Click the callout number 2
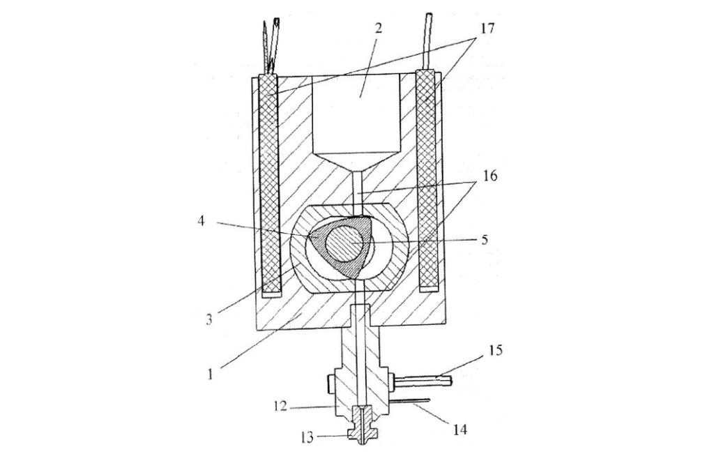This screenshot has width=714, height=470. pyautogui.click(x=379, y=28)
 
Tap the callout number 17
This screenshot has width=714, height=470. pyautogui.click(x=486, y=28)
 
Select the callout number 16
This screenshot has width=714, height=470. pyautogui.click(x=490, y=176)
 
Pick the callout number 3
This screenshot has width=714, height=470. pyautogui.click(x=209, y=319)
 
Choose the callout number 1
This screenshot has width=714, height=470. pyautogui.click(x=210, y=374)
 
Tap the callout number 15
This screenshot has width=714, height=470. pyautogui.click(x=496, y=350)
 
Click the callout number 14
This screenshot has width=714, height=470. pyautogui.click(x=460, y=429)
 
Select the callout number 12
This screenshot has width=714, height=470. pyautogui.click(x=280, y=405)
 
